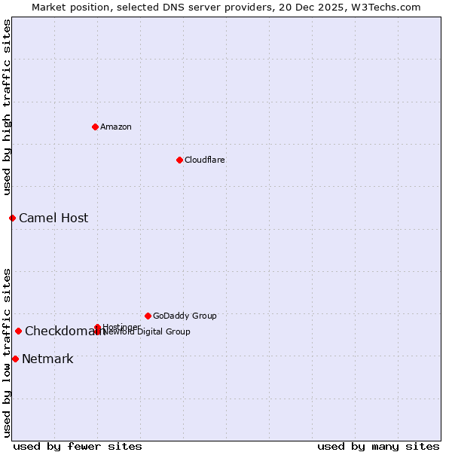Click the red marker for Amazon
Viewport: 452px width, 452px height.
point(95,127)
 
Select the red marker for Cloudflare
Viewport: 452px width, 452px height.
point(179,160)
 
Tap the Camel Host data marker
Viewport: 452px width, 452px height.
point(12,218)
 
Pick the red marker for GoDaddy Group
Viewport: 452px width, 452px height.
point(148,316)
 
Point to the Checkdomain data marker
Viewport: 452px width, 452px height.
point(18,331)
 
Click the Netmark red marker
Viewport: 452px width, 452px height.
point(15,359)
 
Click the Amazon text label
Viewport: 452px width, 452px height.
point(116,127)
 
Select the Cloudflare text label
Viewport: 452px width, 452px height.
point(204,160)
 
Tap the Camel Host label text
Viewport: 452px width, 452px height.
point(53,218)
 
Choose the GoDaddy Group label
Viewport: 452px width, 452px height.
point(185,316)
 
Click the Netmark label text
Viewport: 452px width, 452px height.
point(47,359)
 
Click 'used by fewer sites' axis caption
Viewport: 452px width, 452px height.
point(78,446)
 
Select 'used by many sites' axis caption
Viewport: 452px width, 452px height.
point(378,446)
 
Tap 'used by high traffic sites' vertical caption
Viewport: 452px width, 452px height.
point(7,107)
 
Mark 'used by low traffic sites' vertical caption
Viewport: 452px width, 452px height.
point(7,353)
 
